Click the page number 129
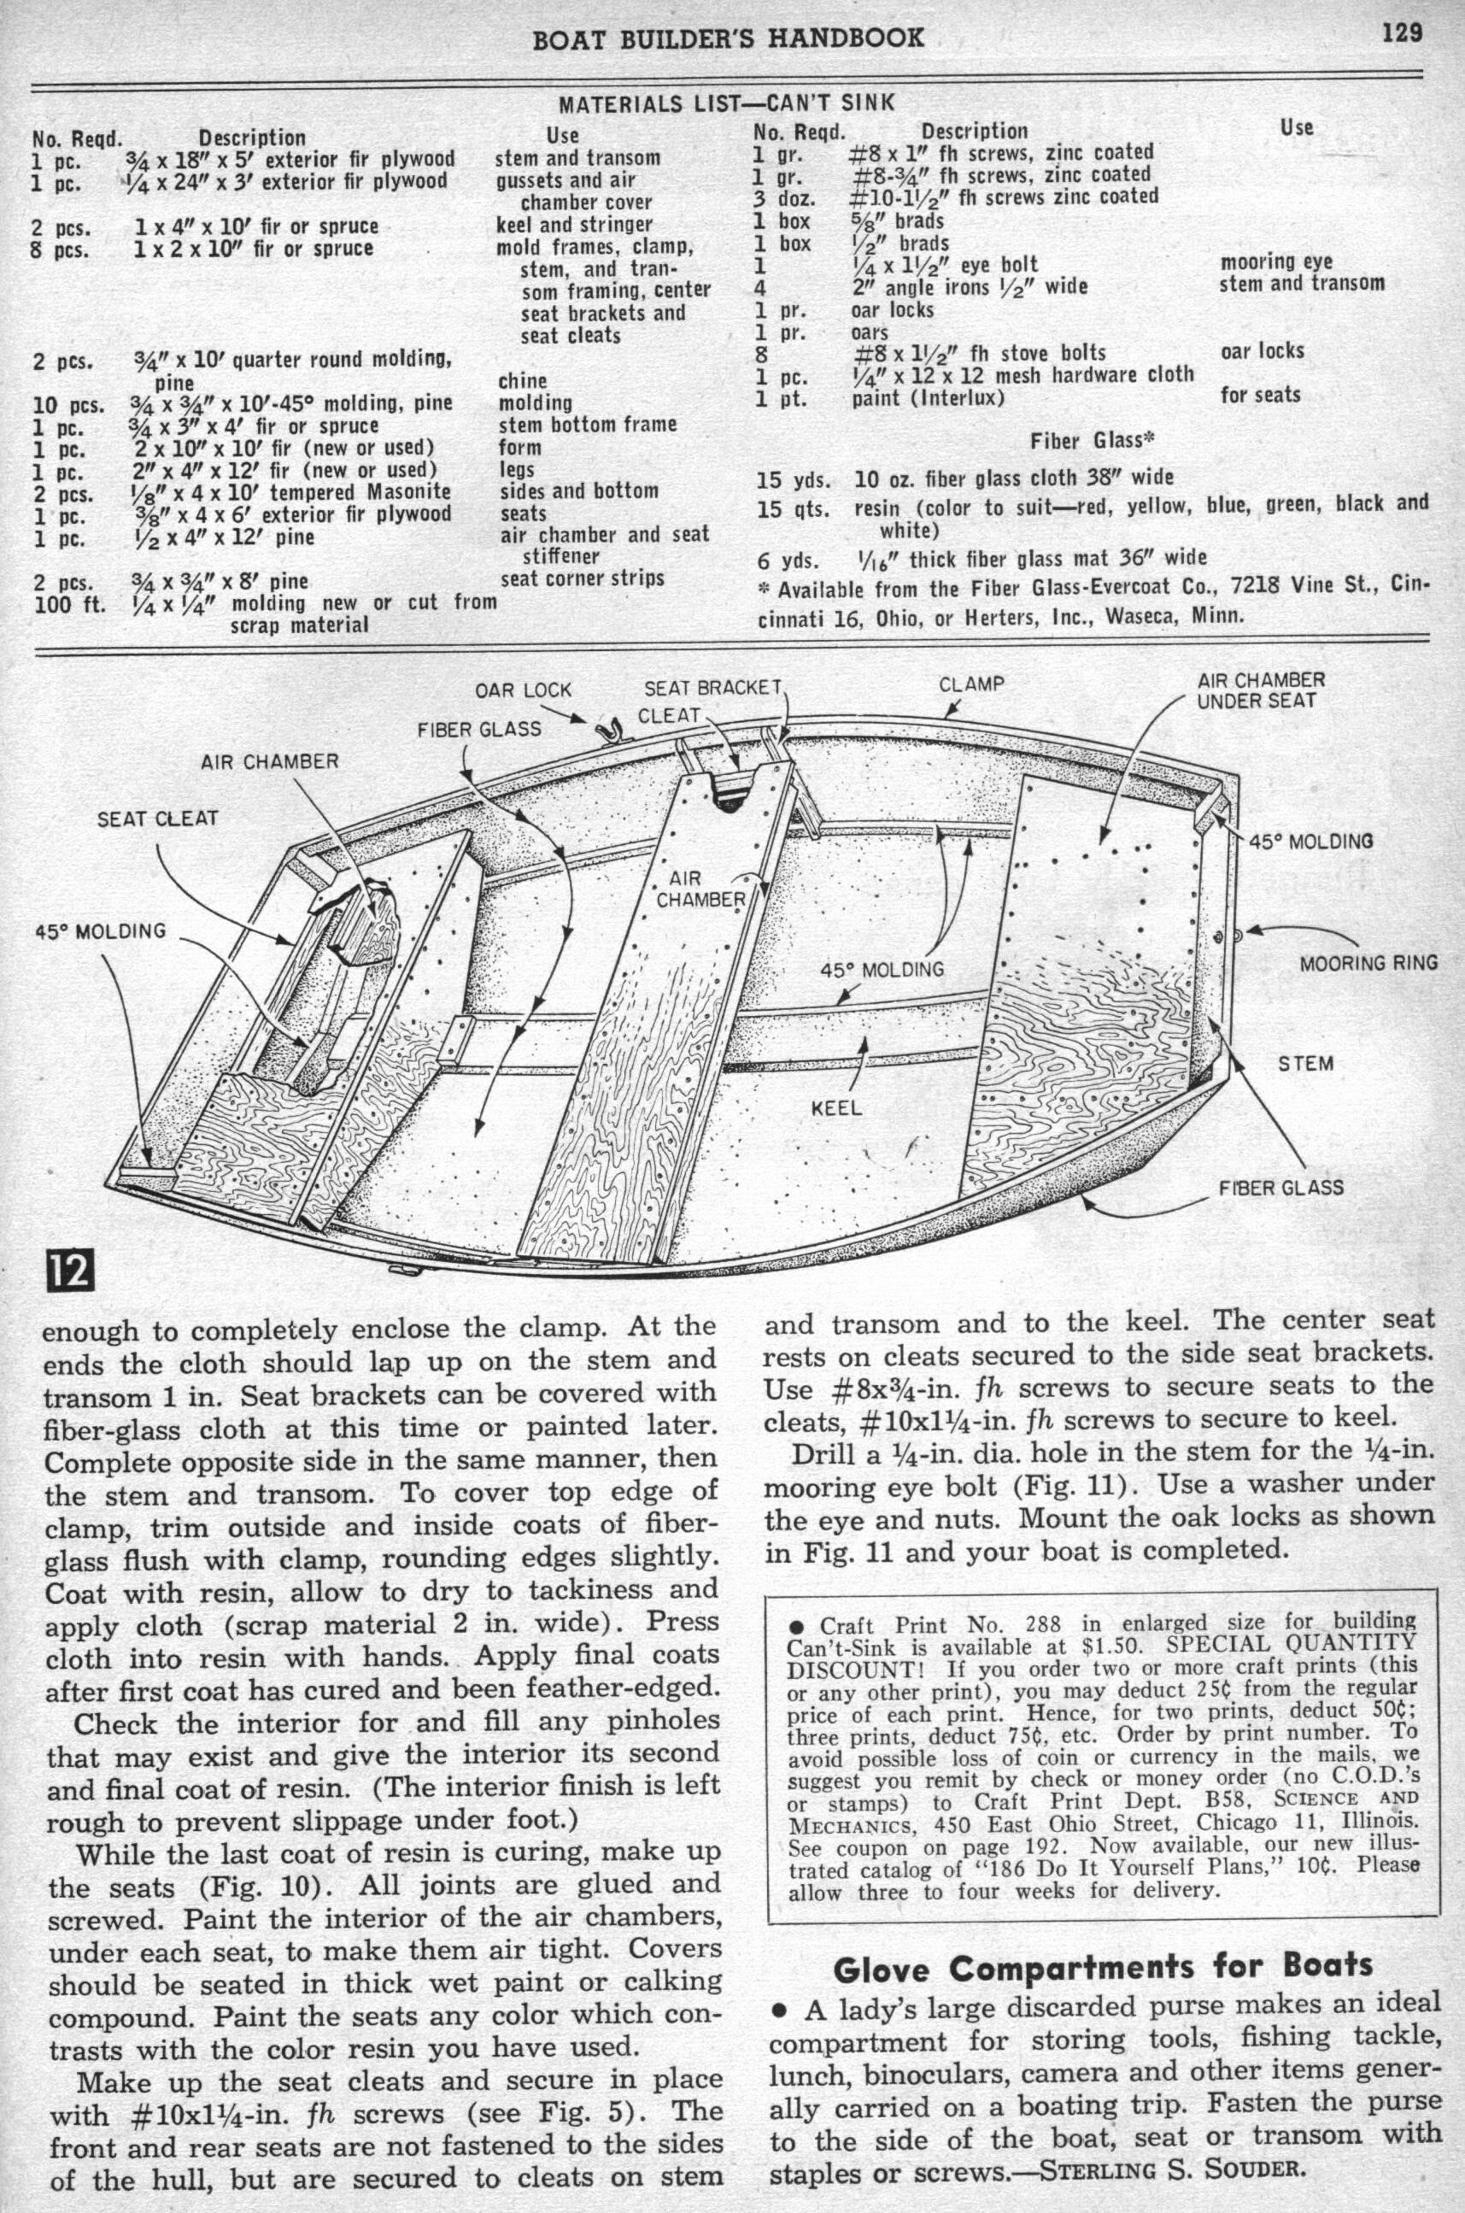coord(1403,33)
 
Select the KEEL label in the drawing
coord(836,1109)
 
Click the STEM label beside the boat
coord(1305,1064)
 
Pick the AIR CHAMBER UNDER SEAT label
coord(1260,690)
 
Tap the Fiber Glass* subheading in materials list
coord(1093,440)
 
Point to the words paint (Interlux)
coord(928,399)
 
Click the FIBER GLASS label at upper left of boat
coord(478,729)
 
